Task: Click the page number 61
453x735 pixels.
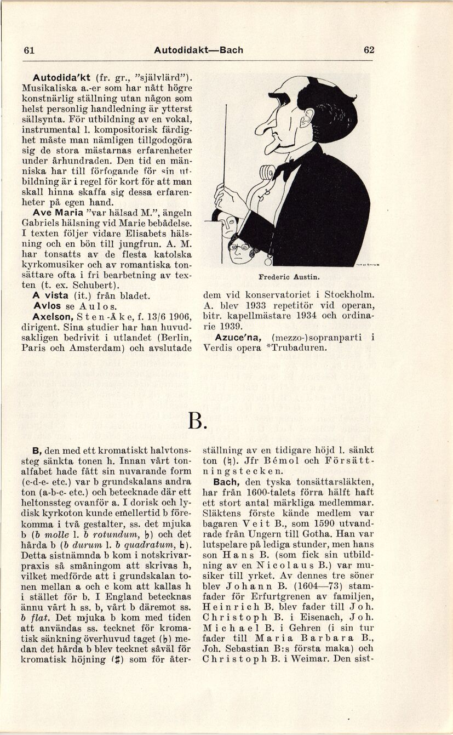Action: (29, 50)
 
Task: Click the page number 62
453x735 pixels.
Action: (369, 50)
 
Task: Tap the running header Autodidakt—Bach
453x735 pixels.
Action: (198, 50)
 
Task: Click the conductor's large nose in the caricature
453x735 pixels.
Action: (263, 122)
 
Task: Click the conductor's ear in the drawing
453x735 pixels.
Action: (307, 118)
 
